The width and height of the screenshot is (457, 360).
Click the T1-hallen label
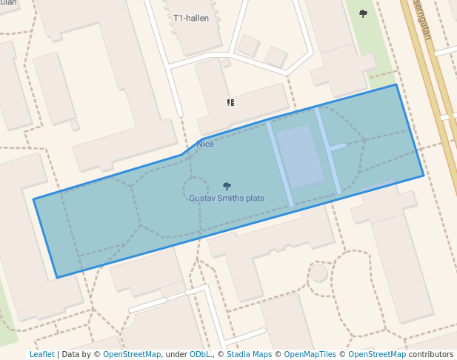click(x=191, y=18)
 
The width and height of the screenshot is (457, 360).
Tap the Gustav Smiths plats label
click(x=227, y=199)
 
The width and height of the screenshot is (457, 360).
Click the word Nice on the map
click(x=205, y=144)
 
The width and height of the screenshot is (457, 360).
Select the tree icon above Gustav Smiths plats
click(x=227, y=187)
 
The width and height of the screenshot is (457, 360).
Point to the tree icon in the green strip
click(x=363, y=13)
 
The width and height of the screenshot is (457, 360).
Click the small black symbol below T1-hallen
click(x=231, y=102)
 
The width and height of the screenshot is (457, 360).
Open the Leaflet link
click(x=42, y=355)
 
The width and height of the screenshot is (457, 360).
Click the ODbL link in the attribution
click(x=200, y=355)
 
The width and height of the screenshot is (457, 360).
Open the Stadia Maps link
click(x=249, y=355)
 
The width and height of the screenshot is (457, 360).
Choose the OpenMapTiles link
click(x=310, y=355)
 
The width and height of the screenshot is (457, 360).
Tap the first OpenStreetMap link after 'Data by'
click(x=132, y=355)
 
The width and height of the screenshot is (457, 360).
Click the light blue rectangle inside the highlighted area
click(x=299, y=156)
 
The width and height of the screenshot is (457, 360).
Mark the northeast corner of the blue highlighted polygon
click(x=396, y=84)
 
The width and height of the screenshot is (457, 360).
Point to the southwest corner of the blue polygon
click(x=57, y=278)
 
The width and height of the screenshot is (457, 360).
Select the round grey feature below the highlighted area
click(x=318, y=273)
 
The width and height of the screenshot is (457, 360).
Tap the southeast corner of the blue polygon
click(x=424, y=176)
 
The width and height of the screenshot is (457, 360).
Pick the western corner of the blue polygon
click(x=33, y=199)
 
